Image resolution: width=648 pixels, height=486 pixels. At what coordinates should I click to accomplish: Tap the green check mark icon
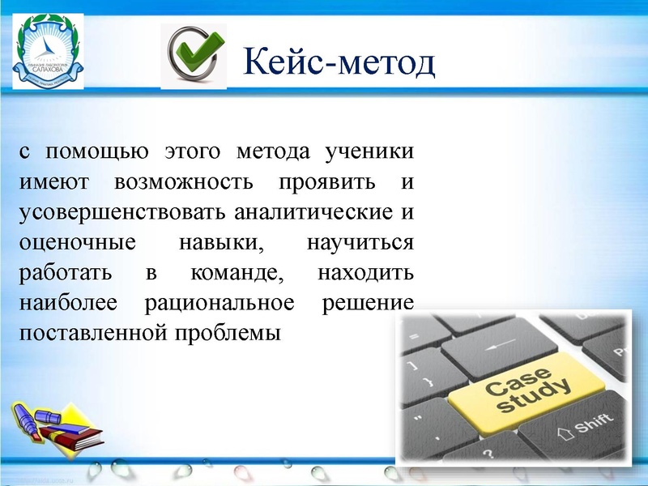194,55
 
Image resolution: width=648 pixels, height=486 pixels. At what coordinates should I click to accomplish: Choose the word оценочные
71,242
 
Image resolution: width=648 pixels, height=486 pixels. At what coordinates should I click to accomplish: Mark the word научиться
361,242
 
